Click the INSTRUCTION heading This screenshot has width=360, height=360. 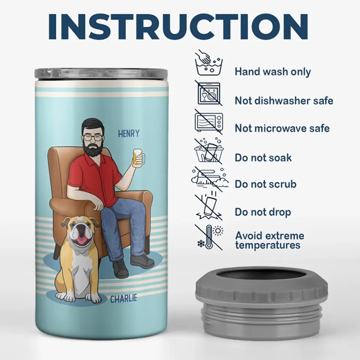tap(178, 27)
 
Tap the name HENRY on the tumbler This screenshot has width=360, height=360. tap(129, 133)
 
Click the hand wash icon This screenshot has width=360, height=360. tap(209, 63)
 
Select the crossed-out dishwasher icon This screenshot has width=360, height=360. tap(209, 93)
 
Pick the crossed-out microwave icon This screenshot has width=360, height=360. tap(209, 122)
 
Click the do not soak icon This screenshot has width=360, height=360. tap(209, 150)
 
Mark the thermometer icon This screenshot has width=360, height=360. tap(208, 237)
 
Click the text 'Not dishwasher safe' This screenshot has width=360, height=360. tap(284, 101)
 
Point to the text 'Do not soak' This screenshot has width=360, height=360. tap(263, 158)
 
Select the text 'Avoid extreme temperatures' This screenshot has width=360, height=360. tap(270, 240)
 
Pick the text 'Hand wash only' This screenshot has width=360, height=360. tap(273, 72)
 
